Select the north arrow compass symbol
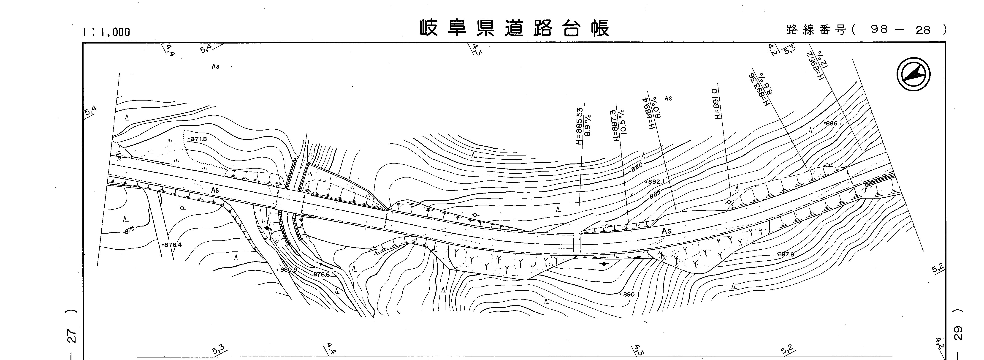coord(913,74)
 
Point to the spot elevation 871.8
coord(198,139)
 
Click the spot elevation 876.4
coord(173,245)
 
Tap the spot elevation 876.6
coord(322,274)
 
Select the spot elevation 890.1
coord(630,295)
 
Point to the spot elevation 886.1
coord(833,123)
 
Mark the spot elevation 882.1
coord(656,182)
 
